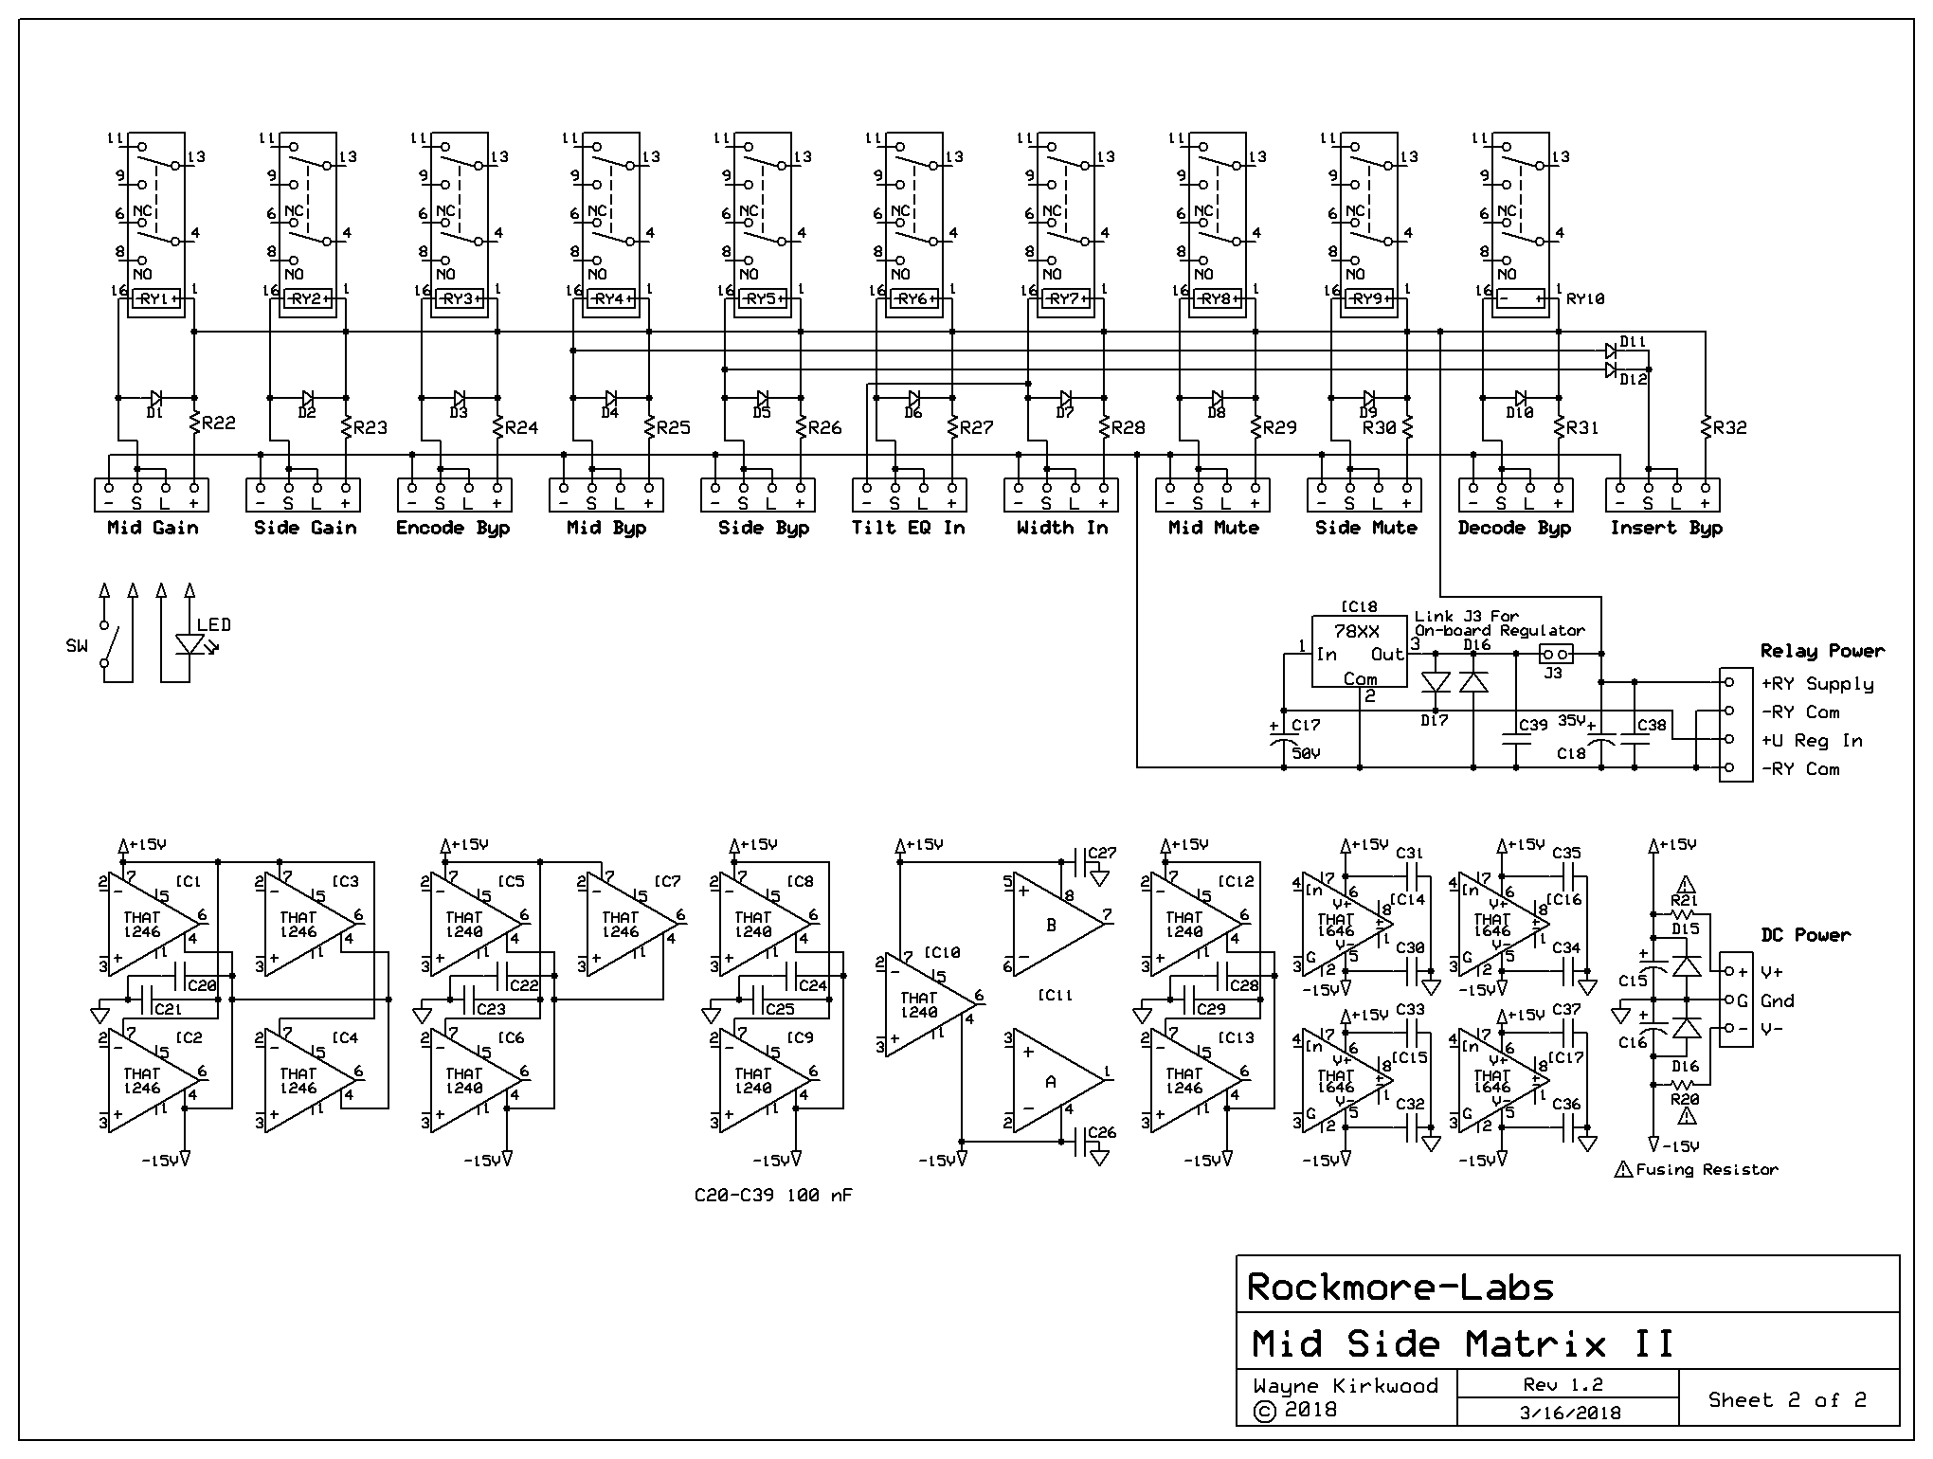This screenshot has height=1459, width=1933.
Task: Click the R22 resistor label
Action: coord(218,423)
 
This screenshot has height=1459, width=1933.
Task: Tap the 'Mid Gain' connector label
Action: coord(153,528)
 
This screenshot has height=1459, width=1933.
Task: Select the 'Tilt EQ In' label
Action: coord(908,528)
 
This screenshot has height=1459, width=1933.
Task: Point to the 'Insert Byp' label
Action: coord(1666,528)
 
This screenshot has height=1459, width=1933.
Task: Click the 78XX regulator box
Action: coord(1359,653)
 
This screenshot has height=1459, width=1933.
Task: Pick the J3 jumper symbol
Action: coord(1555,654)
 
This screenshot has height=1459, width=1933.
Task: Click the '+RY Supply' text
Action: coord(1816,683)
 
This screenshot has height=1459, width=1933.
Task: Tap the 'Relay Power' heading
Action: coord(1822,651)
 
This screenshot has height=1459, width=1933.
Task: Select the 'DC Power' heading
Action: coord(1805,935)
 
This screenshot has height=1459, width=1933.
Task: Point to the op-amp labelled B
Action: coord(1055,924)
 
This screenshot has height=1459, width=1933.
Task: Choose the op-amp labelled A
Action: coord(1055,1080)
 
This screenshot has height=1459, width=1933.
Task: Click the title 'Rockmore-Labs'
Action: coord(1400,1287)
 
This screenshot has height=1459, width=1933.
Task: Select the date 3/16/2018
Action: coord(1568,1413)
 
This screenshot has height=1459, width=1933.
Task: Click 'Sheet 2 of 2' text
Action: coord(1787,1399)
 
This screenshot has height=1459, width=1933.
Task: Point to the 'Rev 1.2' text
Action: coord(1568,1384)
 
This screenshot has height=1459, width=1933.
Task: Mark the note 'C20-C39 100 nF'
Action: coord(773,1196)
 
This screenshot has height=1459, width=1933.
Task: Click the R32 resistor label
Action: coord(1729,427)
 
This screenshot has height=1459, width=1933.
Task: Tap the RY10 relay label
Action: coord(1585,299)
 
